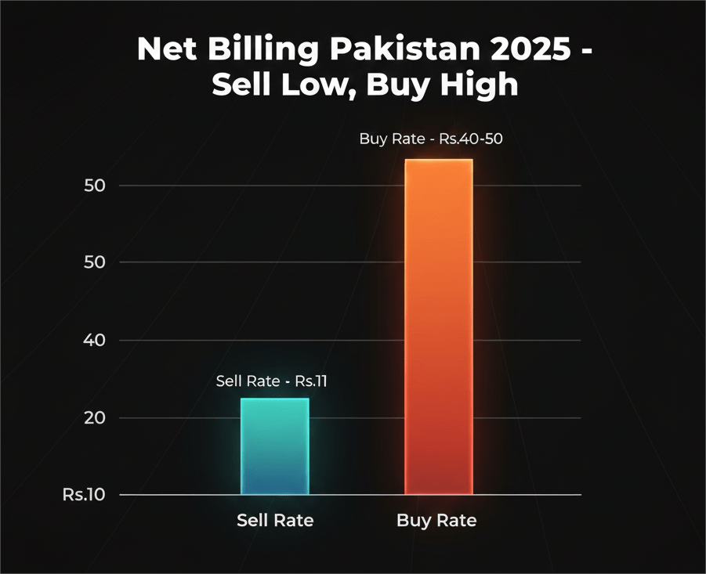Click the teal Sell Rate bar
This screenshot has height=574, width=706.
[274, 446]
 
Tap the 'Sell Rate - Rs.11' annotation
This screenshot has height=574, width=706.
[272, 381]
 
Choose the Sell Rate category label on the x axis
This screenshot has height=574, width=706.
[275, 520]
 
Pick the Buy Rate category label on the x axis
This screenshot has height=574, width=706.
[436, 520]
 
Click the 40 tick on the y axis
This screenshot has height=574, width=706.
[95, 340]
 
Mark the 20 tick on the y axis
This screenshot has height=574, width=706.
[95, 417]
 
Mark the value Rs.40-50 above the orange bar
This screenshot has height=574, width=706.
[459, 139]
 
